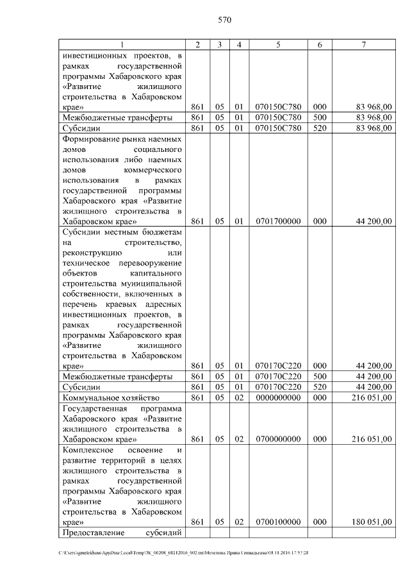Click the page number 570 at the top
[224, 20]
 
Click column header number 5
[278, 44]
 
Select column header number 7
[364, 44]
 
